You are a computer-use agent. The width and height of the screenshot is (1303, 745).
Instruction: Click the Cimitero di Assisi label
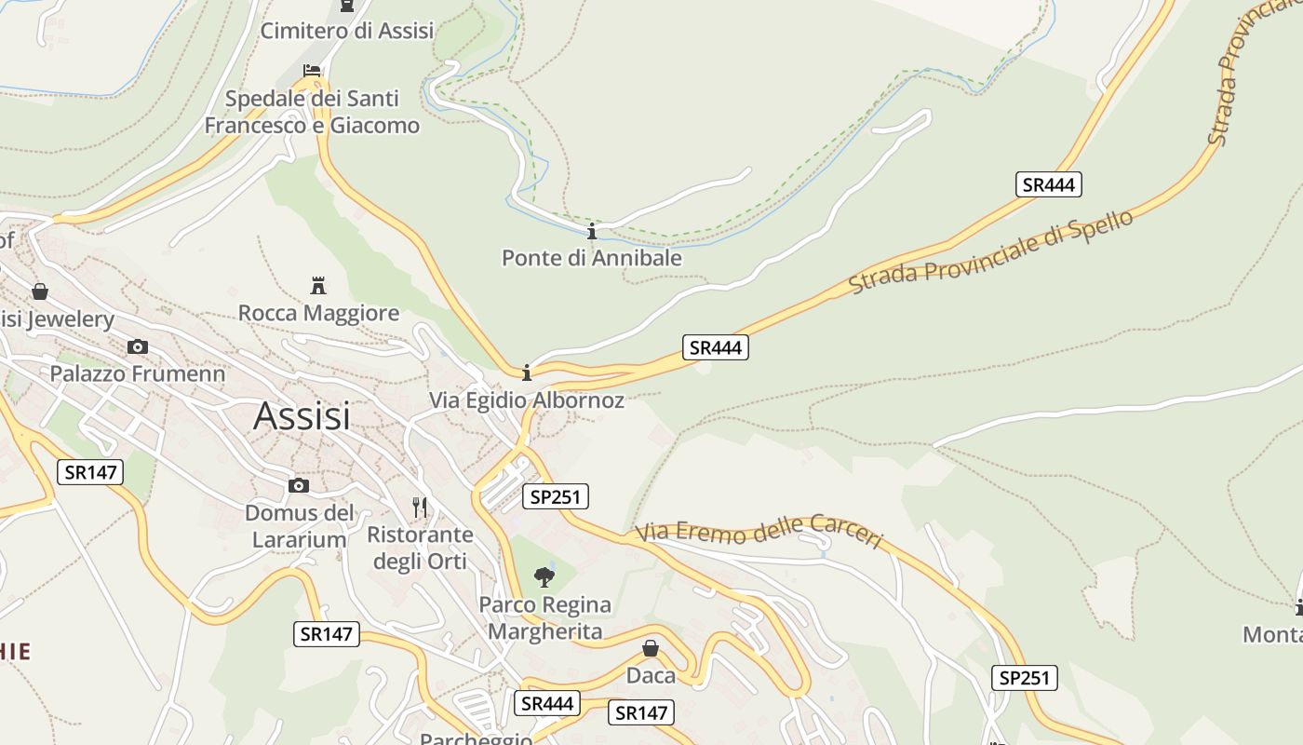347,31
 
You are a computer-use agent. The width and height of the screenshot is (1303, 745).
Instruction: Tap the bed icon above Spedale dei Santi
312,71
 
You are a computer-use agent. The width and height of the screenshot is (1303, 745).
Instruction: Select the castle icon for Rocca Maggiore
318,285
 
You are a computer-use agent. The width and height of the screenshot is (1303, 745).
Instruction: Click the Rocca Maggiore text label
318,313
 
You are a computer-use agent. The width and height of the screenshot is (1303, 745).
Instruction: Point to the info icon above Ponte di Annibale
591,231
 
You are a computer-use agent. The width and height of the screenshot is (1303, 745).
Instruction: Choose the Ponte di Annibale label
592,258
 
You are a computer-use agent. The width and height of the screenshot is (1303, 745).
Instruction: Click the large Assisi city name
302,415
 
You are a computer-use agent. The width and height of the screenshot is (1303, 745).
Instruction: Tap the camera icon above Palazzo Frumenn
138,347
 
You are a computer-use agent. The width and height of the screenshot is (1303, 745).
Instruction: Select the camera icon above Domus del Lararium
299,485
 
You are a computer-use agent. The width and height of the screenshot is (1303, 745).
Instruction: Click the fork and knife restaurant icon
420,508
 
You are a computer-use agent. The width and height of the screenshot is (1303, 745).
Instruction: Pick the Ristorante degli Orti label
420,548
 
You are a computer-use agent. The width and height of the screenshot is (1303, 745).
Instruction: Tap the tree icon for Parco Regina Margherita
544,577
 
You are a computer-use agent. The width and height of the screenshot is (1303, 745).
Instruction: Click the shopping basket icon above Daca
651,648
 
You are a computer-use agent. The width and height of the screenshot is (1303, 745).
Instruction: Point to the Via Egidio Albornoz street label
526,400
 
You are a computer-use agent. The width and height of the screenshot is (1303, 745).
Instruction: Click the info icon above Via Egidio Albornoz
527,373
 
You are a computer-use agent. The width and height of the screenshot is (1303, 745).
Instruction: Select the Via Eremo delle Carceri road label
759,531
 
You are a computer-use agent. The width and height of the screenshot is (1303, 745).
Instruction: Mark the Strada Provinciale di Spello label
991,252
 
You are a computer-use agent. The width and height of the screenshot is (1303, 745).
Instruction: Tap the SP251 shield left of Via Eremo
555,497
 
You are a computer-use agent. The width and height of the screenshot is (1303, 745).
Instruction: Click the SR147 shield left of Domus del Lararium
89,472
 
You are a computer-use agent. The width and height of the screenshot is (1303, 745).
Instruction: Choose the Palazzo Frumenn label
137,374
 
